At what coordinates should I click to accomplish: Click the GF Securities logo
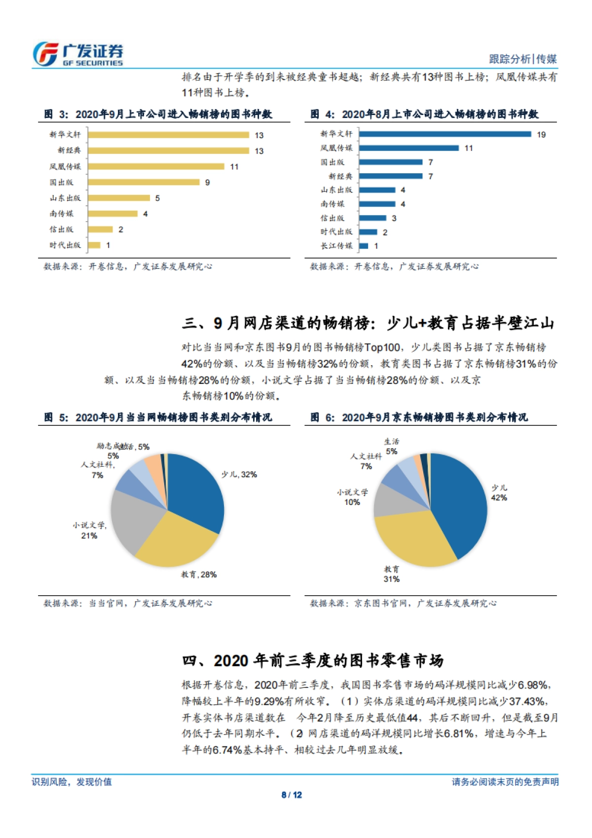point(78,54)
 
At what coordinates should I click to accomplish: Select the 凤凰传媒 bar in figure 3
point(156,166)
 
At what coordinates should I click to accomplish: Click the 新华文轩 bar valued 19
point(445,134)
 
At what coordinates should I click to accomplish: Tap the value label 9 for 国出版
point(208,183)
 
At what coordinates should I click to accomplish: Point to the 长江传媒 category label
point(336,246)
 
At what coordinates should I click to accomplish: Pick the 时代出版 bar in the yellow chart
point(94,245)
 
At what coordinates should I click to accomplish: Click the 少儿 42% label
point(499,493)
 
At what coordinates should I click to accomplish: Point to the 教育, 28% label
point(199,574)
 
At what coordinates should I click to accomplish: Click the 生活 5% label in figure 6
point(392,447)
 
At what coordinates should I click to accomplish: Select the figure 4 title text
point(424,114)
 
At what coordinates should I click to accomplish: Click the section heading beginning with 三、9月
point(368,323)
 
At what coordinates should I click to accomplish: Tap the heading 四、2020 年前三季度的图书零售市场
point(313,660)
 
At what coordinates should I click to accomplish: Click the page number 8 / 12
point(292,795)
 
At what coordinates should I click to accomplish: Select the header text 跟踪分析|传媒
point(522,59)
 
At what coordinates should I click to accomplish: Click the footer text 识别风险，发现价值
point(72,782)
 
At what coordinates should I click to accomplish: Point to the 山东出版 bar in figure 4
point(377,190)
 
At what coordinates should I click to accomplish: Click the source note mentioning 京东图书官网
point(403,603)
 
